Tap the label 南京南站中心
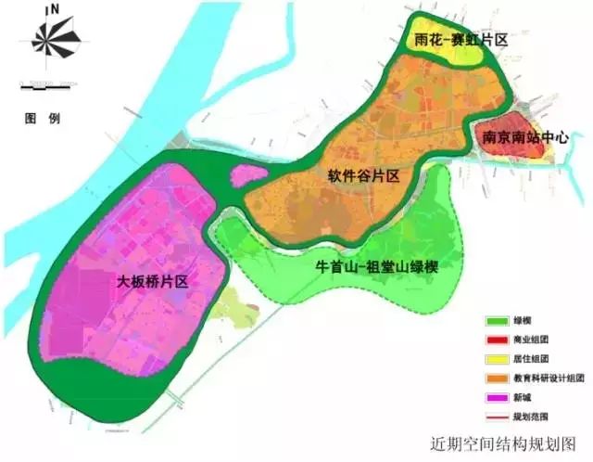(524, 137)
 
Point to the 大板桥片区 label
(153, 279)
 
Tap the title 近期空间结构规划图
(503, 443)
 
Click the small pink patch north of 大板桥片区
(247, 174)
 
